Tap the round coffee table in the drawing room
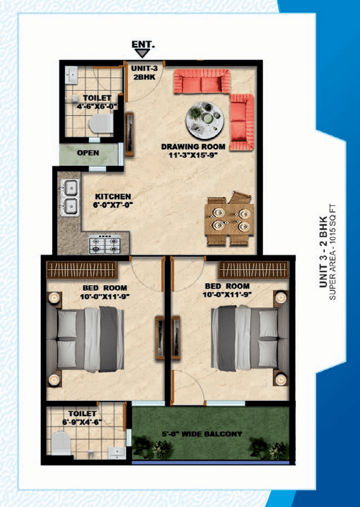click(204, 120)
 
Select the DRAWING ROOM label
click(193, 147)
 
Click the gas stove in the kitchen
click(105, 245)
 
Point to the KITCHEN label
click(113, 196)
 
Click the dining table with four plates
click(229, 220)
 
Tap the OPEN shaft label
click(88, 152)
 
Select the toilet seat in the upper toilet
click(101, 123)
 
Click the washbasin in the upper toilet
click(71, 76)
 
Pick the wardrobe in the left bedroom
click(82, 269)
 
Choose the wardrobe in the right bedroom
click(254, 269)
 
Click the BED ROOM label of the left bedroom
click(105, 288)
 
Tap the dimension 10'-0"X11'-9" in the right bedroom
click(227, 295)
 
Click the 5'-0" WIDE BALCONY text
click(202, 434)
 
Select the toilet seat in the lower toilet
click(61, 443)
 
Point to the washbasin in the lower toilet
click(117, 452)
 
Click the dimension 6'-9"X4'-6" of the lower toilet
click(82, 422)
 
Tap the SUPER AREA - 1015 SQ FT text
click(333, 252)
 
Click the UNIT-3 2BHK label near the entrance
click(144, 73)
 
